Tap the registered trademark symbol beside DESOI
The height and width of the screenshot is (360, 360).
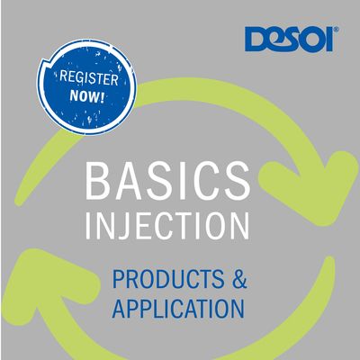337,29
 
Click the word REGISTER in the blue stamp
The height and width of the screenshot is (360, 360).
89,77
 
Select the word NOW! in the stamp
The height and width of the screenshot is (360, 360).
87,96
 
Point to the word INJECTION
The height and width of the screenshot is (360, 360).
167,225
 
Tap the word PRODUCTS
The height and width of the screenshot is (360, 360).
168,279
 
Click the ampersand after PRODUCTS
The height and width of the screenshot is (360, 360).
239,279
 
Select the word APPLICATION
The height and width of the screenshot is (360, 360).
178,308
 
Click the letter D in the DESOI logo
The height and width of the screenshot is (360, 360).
256,39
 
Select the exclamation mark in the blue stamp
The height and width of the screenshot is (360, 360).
103,97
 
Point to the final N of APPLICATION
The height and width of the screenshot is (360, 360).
238,309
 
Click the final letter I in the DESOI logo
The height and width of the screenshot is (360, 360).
329,40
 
